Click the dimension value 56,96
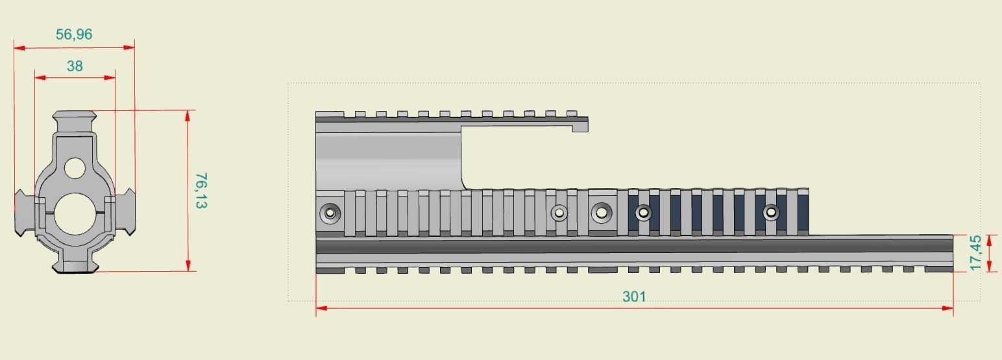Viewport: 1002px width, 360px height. tap(74, 35)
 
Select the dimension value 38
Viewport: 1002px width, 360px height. tap(75, 66)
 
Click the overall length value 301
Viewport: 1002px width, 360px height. tap(634, 296)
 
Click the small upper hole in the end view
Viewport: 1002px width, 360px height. tap(75, 168)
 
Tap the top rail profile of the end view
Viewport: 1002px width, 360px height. tap(75, 121)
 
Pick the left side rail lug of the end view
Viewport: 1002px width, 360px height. tap(24, 213)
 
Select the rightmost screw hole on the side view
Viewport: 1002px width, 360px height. tap(770, 212)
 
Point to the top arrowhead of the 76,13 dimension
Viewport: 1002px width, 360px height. tap(188, 115)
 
